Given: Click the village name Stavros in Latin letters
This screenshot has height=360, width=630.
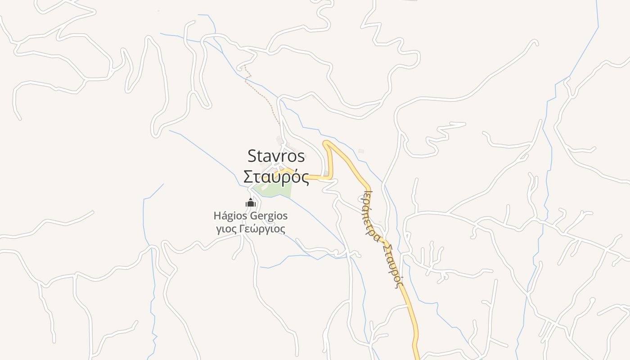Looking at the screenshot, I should coord(276,156).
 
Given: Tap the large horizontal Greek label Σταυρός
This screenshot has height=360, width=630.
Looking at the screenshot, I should coord(276,177).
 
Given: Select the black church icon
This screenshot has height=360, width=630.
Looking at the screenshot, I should coord(251,203).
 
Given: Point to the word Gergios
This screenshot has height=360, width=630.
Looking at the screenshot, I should coord(268,216).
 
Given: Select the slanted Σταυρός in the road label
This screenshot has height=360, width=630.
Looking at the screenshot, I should coord(392,266).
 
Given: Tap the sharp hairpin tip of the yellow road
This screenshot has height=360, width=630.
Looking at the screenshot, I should coord(326,144).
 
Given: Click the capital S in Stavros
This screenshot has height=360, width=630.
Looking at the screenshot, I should coord(252,156).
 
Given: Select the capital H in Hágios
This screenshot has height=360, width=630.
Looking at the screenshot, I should coord(217,216).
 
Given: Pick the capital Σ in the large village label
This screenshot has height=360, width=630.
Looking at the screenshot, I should coord(248,177).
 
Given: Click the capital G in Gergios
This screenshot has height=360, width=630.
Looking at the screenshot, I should coord(253,216).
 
